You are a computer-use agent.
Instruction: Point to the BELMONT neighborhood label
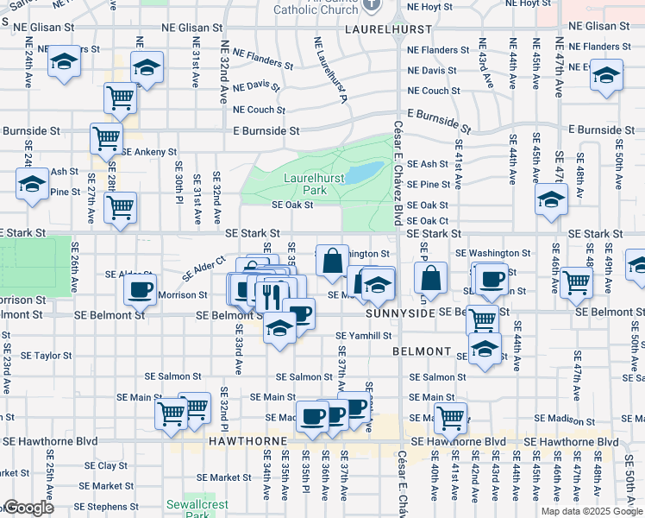pos(422,352)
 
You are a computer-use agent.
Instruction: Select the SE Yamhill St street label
pos(364,335)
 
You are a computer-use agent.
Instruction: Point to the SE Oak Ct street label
pos(428,220)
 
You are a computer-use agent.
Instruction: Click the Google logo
pos(28,509)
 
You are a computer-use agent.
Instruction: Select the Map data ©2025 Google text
pos(591,511)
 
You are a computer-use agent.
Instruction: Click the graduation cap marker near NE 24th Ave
pos(64,61)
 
